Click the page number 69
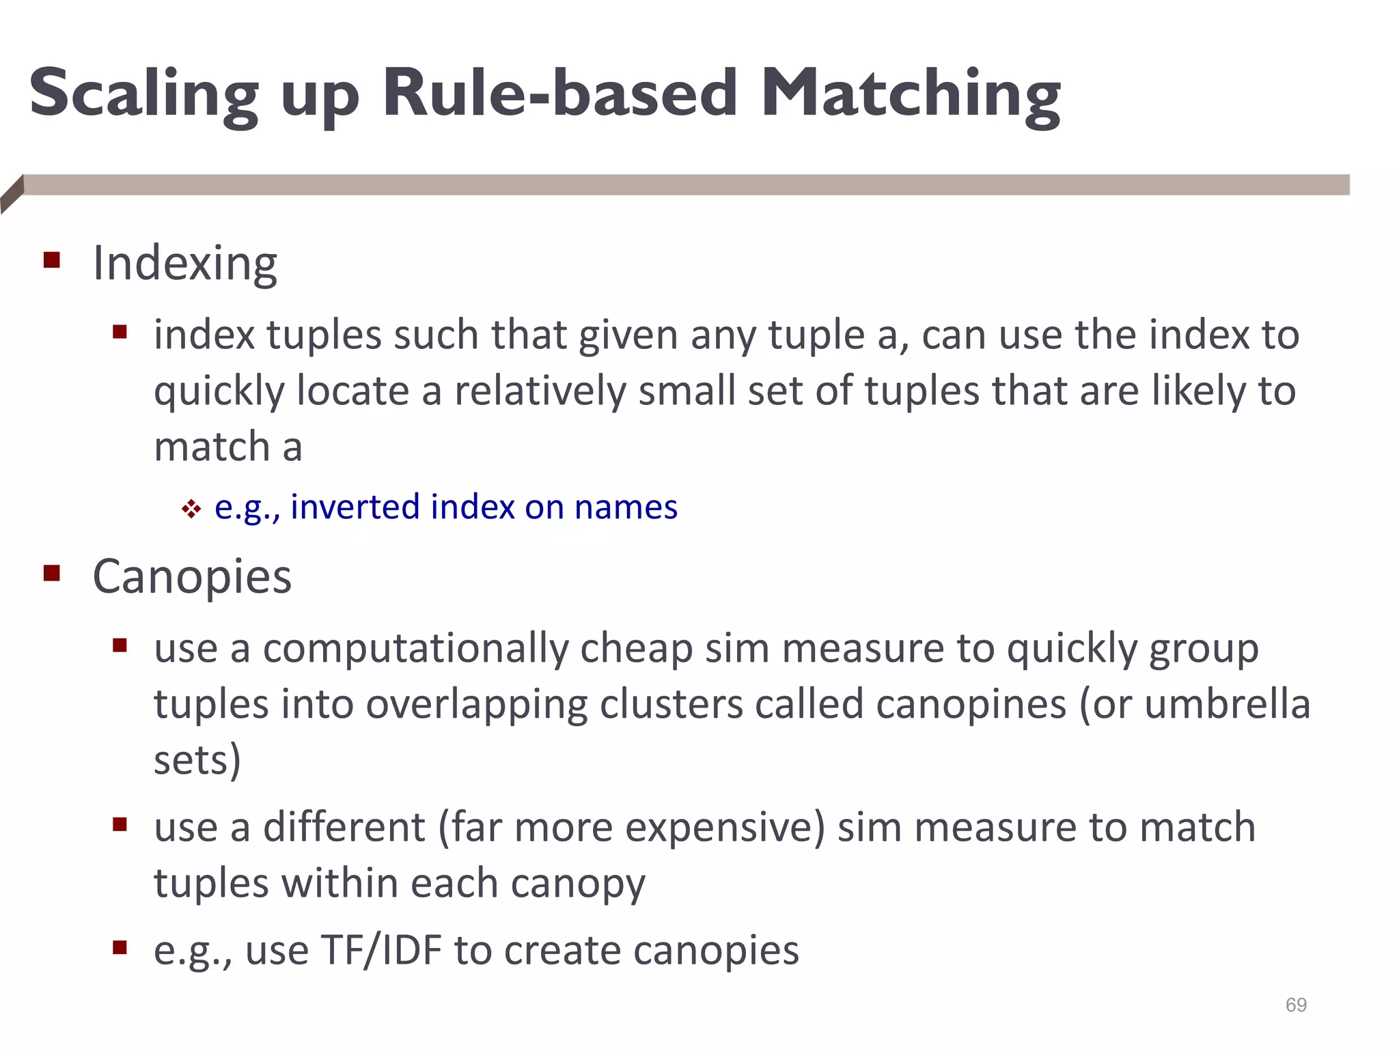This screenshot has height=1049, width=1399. point(1296,1005)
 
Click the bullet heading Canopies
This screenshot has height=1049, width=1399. point(192,577)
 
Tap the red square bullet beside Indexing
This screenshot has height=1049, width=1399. point(52,260)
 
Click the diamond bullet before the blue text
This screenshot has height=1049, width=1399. point(191,509)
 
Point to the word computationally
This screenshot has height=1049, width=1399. point(415,648)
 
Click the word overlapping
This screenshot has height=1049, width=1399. point(477,705)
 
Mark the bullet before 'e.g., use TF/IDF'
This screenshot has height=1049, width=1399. point(120,947)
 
